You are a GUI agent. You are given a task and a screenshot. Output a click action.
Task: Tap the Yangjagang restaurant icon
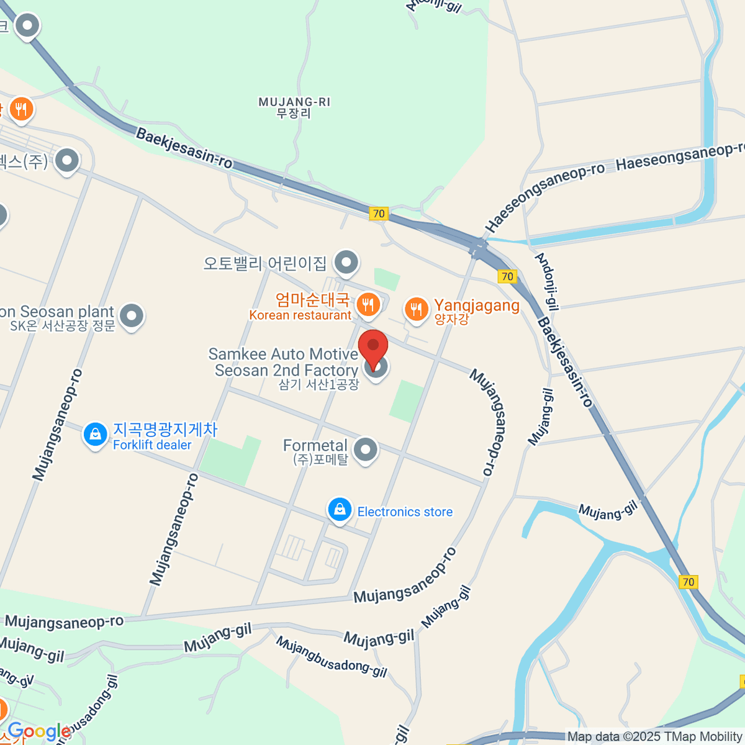click(416, 309)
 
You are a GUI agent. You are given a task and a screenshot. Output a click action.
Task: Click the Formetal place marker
click(365, 450)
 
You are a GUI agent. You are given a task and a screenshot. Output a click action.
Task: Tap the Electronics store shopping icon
click(340, 510)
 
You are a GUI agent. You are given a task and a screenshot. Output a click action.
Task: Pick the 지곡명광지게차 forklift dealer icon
click(95, 435)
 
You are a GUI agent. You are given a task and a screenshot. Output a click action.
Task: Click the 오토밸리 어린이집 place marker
click(346, 263)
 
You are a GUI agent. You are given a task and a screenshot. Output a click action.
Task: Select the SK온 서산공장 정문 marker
click(131, 316)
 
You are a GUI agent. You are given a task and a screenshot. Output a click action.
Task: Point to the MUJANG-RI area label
click(294, 107)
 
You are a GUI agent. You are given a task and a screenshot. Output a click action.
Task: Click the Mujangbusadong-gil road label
click(332, 657)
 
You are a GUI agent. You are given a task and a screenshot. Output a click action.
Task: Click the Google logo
click(38, 732)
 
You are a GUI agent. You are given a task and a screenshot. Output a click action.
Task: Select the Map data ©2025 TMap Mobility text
click(655, 737)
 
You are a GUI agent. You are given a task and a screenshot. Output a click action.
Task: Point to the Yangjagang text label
click(476, 305)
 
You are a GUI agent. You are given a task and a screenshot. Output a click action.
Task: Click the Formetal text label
click(315, 445)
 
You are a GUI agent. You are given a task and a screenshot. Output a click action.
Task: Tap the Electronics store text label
click(405, 512)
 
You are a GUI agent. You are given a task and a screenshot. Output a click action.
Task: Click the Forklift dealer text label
click(152, 445)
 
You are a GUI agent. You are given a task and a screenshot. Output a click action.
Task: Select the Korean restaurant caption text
click(300, 315)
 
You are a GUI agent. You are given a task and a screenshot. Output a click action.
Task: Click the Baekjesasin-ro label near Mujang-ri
click(184, 148)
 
